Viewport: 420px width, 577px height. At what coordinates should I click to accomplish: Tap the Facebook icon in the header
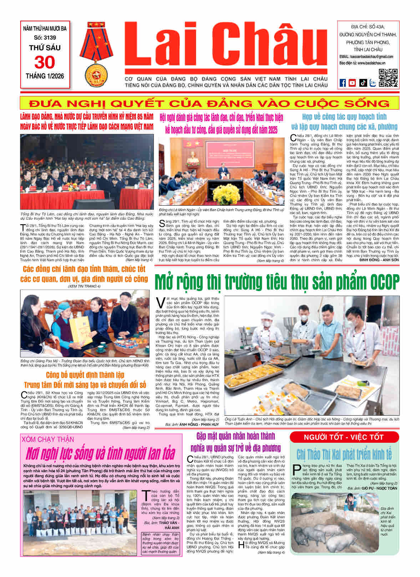(x=342, y=83)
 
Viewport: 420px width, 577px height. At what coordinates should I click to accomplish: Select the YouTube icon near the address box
(x=352, y=83)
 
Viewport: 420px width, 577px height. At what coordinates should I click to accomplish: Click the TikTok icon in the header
(x=363, y=83)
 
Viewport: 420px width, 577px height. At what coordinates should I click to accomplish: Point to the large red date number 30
(x=45, y=62)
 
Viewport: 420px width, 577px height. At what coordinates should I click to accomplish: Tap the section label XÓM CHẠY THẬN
(x=47, y=439)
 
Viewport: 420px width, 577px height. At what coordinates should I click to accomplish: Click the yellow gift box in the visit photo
(x=81, y=332)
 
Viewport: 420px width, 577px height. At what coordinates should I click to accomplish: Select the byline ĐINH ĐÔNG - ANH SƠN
(x=379, y=260)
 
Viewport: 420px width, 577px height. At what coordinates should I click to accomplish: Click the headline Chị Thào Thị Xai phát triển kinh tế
(x=344, y=455)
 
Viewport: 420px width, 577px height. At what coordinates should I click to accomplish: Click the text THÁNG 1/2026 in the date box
(x=45, y=76)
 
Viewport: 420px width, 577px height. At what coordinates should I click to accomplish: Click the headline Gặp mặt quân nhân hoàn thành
(x=236, y=436)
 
